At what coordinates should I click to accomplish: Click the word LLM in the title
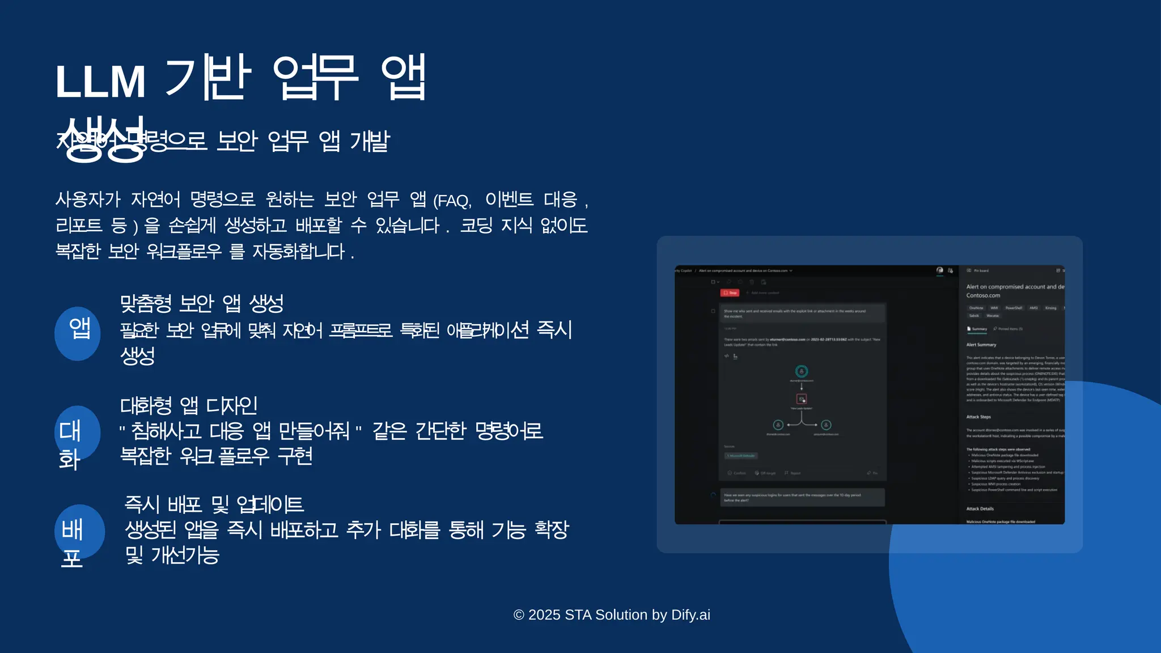click(x=100, y=82)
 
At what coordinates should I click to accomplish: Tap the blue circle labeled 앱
click(x=78, y=333)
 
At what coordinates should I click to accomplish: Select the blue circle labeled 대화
click(x=78, y=433)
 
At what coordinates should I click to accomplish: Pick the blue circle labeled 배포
click(x=79, y=532)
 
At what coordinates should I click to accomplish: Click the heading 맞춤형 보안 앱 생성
click(x=202, y=304)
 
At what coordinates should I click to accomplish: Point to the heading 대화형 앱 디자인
click(x=189, y=405)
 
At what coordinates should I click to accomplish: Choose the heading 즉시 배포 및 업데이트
click(x=214, y=504)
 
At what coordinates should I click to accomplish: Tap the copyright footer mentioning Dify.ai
click(x=612, y=615)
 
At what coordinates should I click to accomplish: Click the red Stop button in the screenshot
click(x=730, y=293)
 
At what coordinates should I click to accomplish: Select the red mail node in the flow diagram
click(x=802, y=399)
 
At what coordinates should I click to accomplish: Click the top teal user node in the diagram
click(x=802, y=371)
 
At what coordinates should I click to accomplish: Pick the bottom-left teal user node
click(x=778, y=425)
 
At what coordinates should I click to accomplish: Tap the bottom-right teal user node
click(x=827, y=425)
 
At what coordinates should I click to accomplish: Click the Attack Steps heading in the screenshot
click(x=978, y=417)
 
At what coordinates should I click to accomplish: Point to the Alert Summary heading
click(x=981, y=345)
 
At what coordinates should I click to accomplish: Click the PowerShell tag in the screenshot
click(x=1014, y=308)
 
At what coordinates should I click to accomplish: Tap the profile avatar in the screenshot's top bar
click(x=940, y=270)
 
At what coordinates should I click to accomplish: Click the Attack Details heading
click(x=980, y=508)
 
